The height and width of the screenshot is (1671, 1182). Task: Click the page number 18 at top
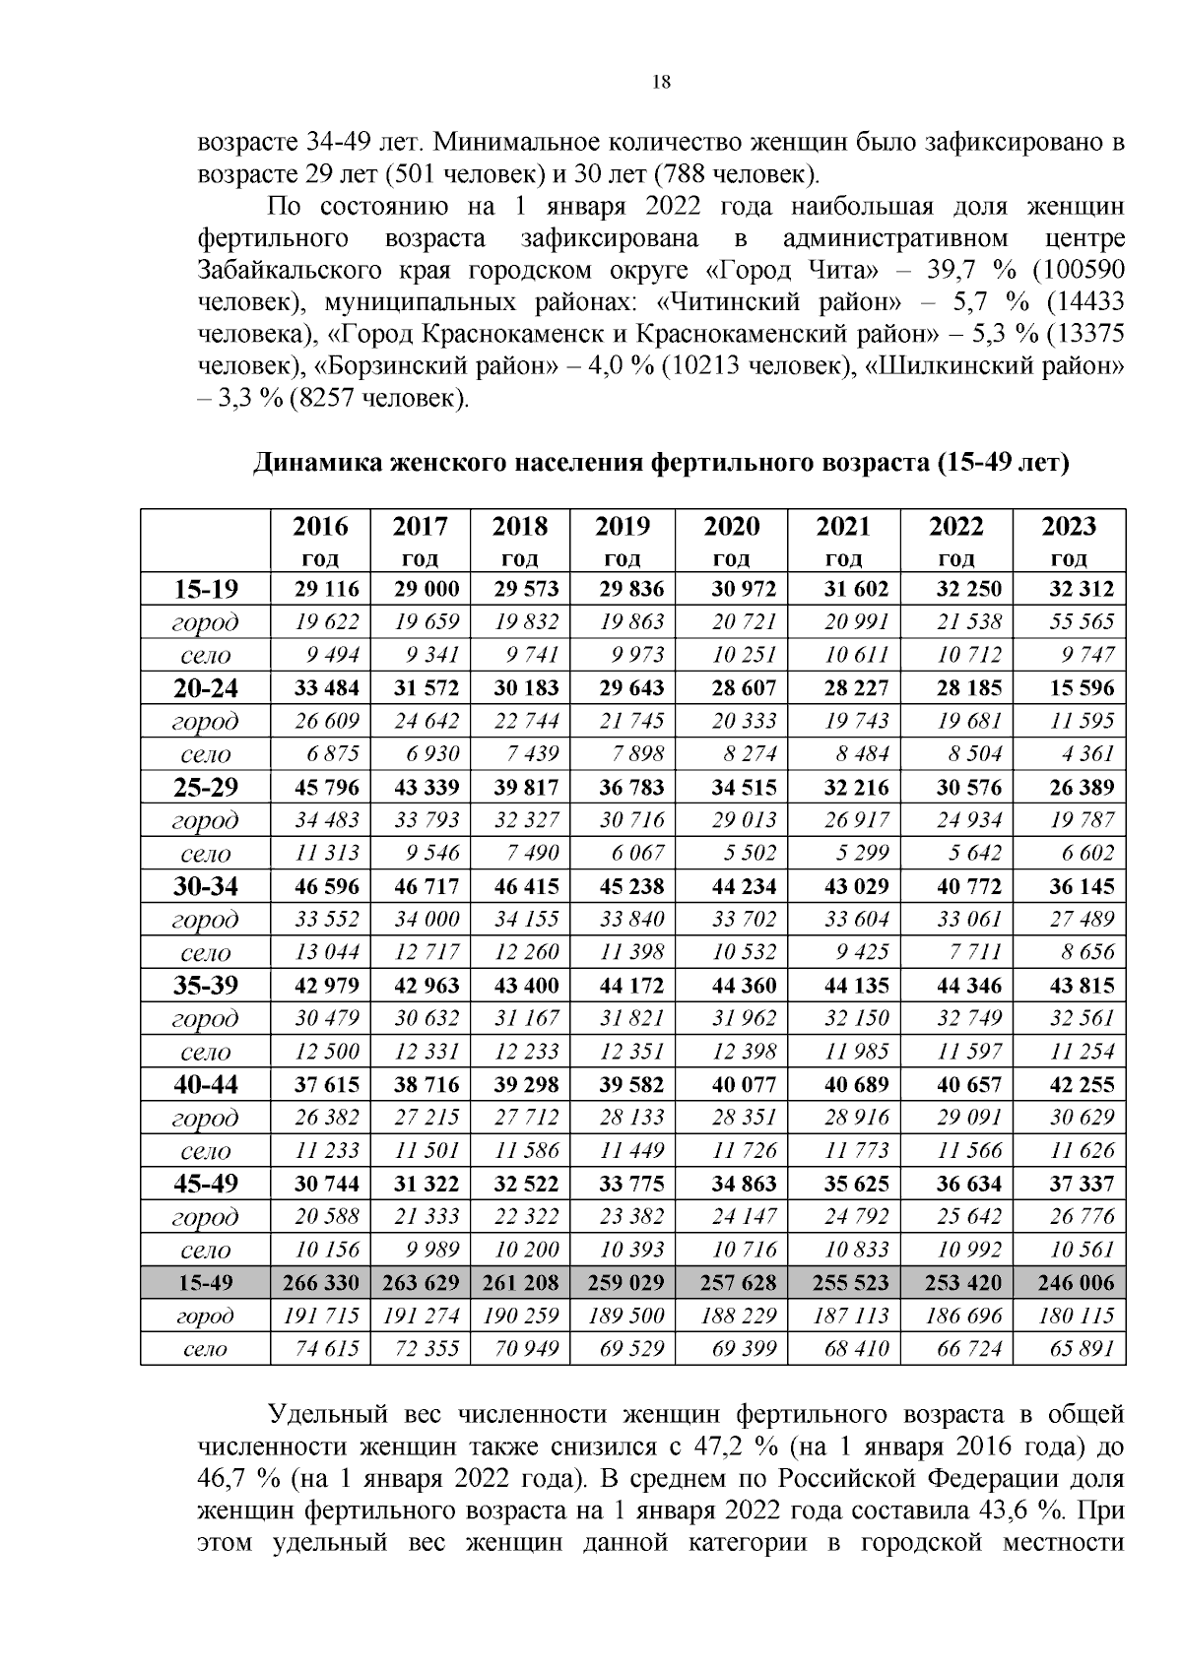coord(662,83)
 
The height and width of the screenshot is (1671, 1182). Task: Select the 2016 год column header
coord(320,541)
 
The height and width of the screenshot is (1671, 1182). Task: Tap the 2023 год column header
coord(1069,541)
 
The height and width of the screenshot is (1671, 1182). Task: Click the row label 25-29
coord(206,788)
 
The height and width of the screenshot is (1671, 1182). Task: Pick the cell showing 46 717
coord(421,886)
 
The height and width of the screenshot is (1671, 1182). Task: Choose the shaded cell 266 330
coord(320,1283)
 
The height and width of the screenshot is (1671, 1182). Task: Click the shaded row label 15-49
coord(206,1283)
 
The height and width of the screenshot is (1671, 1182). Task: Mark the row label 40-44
coord(206,1085)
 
